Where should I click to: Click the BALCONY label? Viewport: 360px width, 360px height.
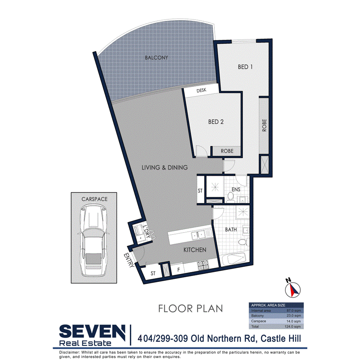(156, 58)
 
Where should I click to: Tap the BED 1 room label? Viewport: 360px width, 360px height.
(245, 67)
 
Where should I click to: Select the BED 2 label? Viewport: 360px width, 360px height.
(216, 122)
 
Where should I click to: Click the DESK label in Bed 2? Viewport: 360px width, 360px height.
(202, 90)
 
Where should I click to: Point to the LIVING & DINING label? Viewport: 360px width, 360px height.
(165, 168)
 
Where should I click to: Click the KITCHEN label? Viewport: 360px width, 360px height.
(195, 250)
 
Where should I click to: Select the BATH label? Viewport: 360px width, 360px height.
(231, 229)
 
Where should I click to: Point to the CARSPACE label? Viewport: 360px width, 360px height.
(94, 199)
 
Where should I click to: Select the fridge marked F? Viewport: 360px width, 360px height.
(178, 268)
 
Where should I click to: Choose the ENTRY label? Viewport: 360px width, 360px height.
(129, 260)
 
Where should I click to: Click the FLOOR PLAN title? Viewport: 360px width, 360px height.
(191, 308)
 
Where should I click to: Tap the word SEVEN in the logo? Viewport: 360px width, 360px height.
(92, 332)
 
